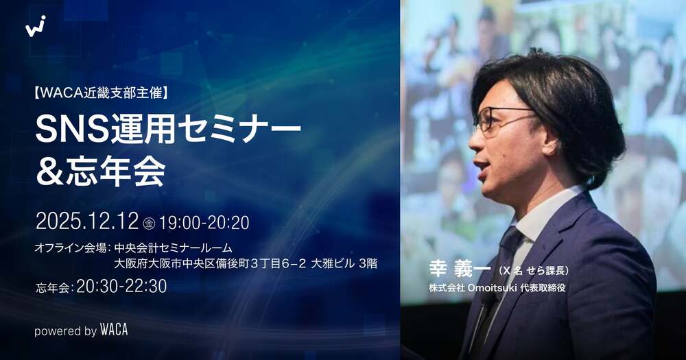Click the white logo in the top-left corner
[36, 26]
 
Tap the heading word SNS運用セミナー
[168, 130]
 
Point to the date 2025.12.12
[87, 221]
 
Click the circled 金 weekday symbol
[150, 223]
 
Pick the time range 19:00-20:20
[204, 222]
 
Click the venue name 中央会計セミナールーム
[174, 248]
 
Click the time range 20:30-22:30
[121, 287]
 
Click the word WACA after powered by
[114, 331]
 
